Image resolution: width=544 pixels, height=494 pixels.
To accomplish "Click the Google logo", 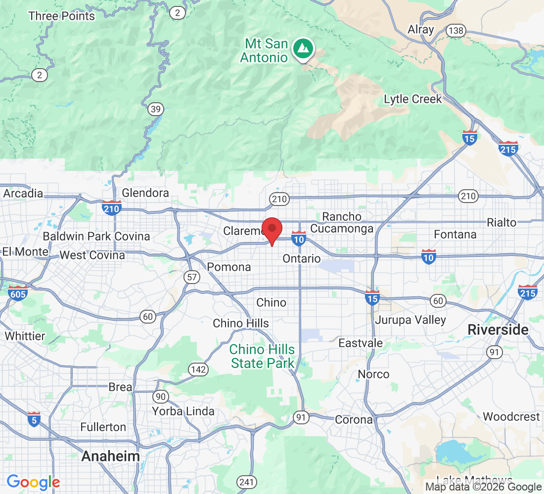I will click(x=33, y=482).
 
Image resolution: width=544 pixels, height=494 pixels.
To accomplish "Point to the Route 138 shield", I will click(x=455, y=31).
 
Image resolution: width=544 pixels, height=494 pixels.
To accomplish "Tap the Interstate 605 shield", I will click(x=17, y=292).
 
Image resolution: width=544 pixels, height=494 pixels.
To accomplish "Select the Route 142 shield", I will click(x=197, y=369).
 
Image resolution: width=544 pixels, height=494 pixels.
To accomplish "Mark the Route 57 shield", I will click(x=192, y=277).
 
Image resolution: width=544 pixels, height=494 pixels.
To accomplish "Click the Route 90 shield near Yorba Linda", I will click(x=160, y=396).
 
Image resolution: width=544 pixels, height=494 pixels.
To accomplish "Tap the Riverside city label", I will click(x=498, y=329).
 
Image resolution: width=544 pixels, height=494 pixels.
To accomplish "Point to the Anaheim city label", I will click(x=110, y=456).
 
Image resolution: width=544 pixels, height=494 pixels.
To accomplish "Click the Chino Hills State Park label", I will click(x=262, y=356).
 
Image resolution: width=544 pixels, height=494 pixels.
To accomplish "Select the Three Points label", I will click(x=61, y=16).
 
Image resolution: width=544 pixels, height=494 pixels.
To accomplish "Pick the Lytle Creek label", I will click(x=413, y=99).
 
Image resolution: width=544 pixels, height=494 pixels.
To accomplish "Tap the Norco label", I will click(x=373, y=374).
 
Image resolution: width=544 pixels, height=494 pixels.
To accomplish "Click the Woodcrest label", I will click(x=511, y=416).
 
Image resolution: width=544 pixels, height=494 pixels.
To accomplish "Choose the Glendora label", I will click(x=145, y=193).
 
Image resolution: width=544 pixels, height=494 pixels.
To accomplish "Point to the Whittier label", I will click(x=25, y=336).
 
